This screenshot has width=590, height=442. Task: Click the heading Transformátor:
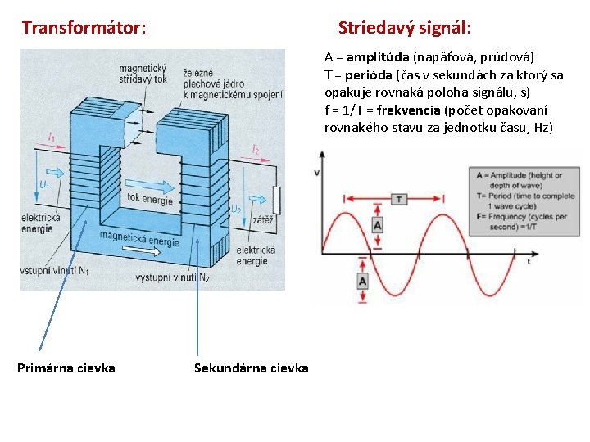[x=84, y=28]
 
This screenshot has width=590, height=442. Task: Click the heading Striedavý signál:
[x=404, y=28]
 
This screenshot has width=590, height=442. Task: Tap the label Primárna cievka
[x=66, y=368]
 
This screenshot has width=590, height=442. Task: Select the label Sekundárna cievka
[x=251, y=368]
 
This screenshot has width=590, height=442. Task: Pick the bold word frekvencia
[x=408, y=110]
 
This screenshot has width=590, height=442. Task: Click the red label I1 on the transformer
[x=52, y=138]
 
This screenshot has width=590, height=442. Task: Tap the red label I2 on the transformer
[x=256, y=150]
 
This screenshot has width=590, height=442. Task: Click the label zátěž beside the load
[x=263, y=221]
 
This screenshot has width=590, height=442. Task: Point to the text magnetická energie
[x=139, y=237]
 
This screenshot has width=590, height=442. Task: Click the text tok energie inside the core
[x=150, y=199]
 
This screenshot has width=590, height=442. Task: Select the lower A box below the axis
[x=363, y=281]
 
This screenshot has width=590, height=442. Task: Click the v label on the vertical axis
[x=317, y=173]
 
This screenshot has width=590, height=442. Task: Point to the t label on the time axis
[x=529, y=262]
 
